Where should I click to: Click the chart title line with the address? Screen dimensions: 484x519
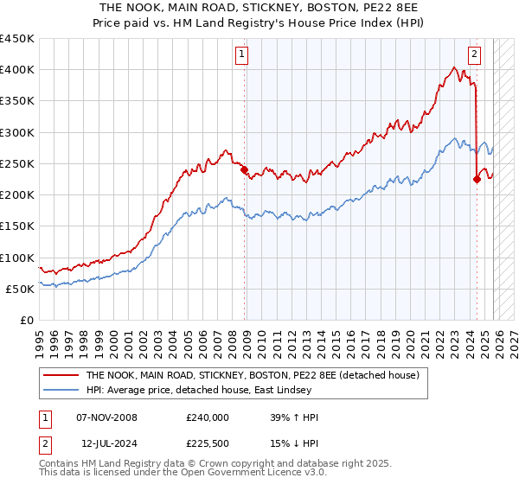pos(259,7)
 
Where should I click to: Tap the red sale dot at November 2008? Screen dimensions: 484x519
pos(245,170)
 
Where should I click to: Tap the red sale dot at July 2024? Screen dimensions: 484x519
pos(477,180)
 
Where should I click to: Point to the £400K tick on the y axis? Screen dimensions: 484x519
pos(17,70)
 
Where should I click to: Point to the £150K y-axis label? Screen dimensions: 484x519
pos(17,226)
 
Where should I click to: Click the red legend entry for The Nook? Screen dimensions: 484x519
pos(253,375)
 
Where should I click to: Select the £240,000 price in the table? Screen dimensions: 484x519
pos(208,417)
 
